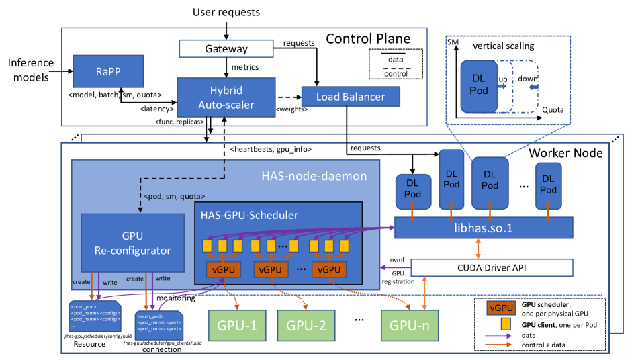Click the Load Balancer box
point(351,97)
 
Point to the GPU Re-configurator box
point(132,242)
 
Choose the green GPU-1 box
point(234,327)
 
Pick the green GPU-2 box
point(307,327)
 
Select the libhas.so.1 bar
point(483,228)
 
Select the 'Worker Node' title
point(565,153)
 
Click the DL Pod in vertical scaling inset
point(478,84)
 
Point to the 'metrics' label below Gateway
point(245,66)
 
